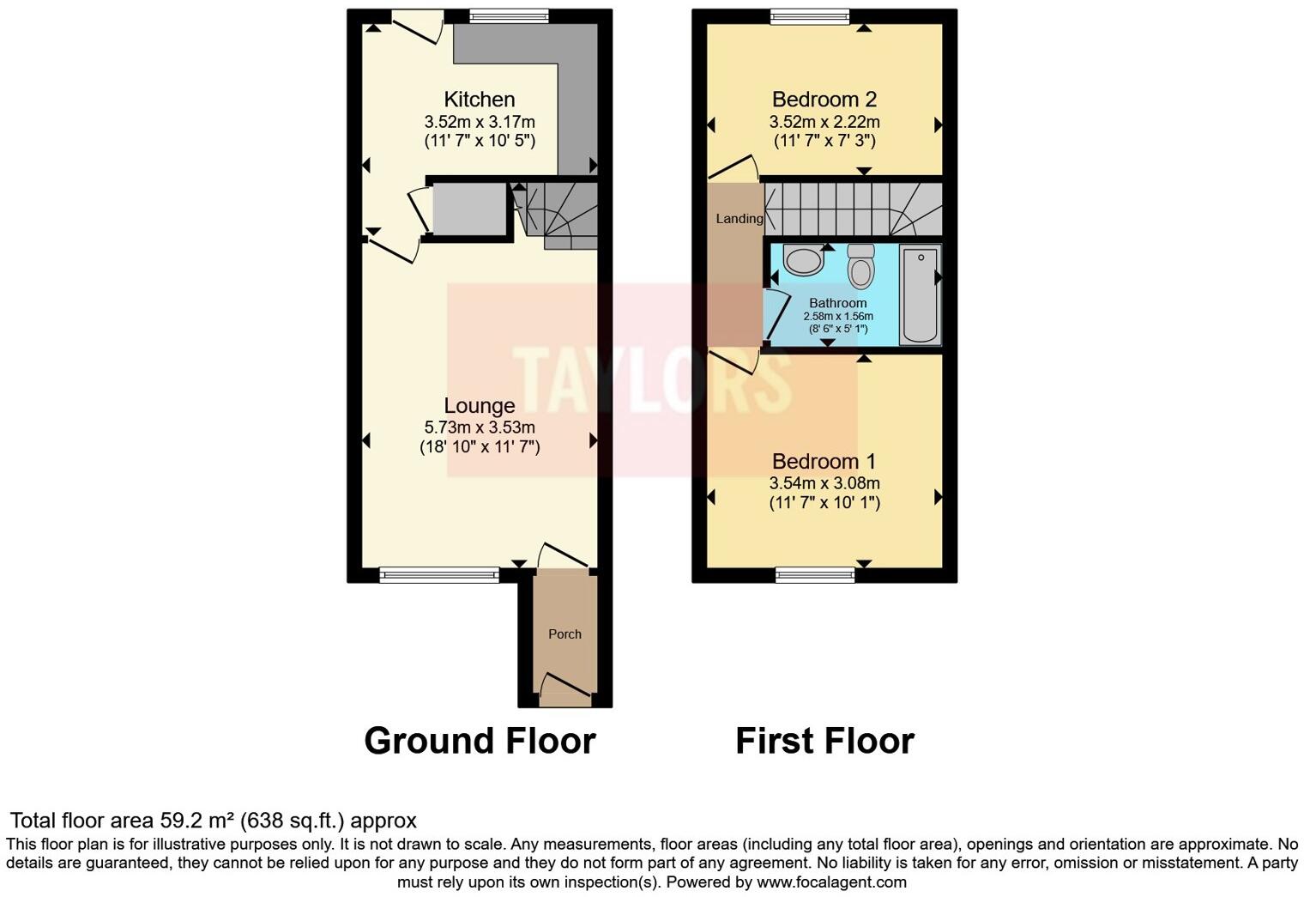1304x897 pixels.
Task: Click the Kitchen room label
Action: click(x=479, y=100)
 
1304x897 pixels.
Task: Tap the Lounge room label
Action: click(x=479, y=405)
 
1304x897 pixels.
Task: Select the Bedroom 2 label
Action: click(x=824, y=100)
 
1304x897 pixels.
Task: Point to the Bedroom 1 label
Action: click(x=824, y=462)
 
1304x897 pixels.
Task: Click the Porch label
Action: click(x=564, y=634)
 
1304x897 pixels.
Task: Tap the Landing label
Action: click(x=739, y=219)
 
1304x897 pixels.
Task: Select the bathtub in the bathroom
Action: click(x=920, y=294)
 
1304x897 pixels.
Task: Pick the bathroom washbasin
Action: click(x=804, y=260)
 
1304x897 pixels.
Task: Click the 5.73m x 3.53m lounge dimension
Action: click(x=479, y=427)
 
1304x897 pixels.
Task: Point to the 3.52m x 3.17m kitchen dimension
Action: click(x=479, y=122)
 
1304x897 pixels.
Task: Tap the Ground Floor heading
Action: click(x=480, y=741)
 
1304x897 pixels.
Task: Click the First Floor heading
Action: click(x=824, y=741)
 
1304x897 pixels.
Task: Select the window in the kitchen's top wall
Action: click(x=509, y=15)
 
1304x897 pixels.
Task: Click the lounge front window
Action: click(x=439, y=574)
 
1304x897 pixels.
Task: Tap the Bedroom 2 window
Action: click(x=810, y=15)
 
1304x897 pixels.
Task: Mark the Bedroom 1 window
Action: click(x=815, y=574)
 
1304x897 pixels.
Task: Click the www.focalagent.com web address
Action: click(x=830, y=882)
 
